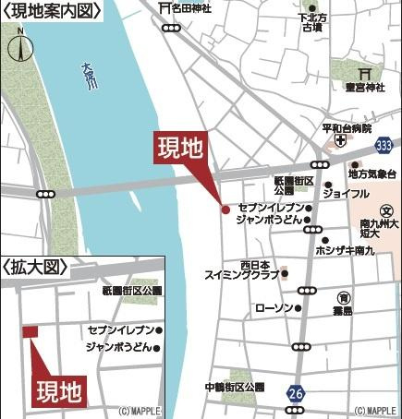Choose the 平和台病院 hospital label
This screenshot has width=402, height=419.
point(347,127)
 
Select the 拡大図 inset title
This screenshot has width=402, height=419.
point(37,268)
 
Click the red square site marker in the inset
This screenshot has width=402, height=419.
point(30,331)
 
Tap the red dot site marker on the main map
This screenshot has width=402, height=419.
point(225,209)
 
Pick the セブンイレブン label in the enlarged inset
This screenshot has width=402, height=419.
point(119,329)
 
